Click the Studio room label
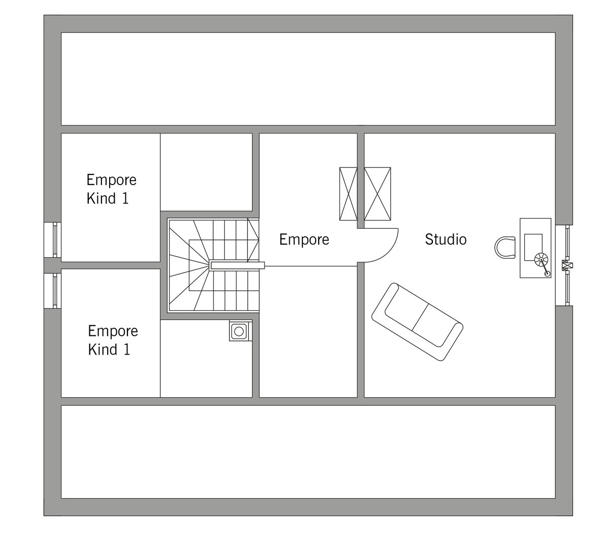(446, 239)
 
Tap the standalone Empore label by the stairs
(304, 239)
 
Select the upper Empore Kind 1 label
(111, 189)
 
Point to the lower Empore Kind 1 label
(113, 340)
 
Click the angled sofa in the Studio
(417, 322)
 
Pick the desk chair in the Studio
(504, 248)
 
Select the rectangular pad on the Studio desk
(533, 247)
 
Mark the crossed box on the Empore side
(348, 194)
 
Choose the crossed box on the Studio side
(378, 194)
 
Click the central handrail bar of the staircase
(238, 266)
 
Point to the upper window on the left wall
(52, 240)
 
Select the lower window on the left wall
(52, 291)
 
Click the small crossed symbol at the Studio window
(567, 265)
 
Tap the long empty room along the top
(308, 79)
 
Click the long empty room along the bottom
(308, 451)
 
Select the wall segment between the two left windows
(52, 265)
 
